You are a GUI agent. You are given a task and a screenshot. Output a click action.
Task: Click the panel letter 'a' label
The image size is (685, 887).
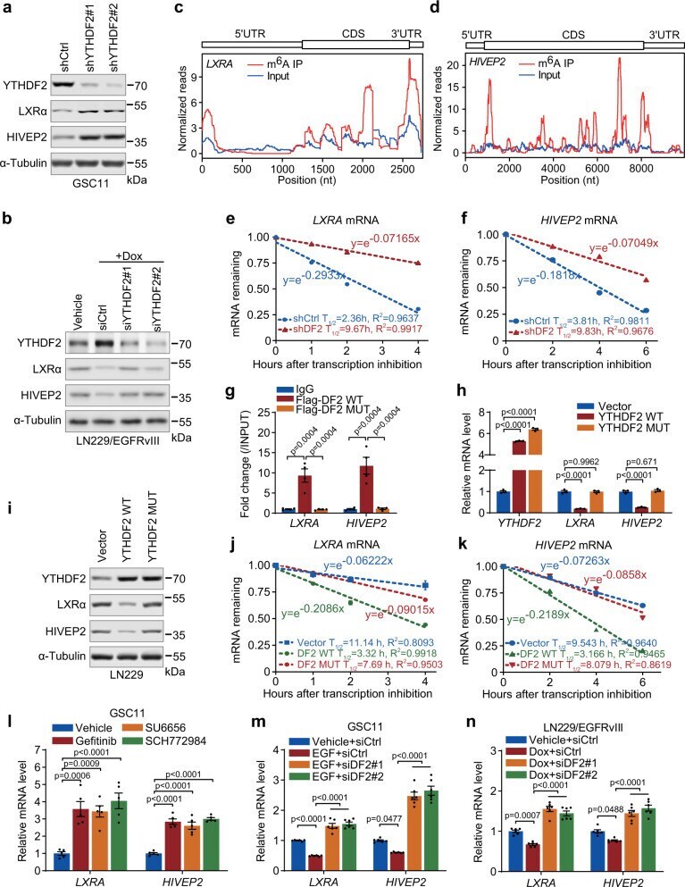pos(7,8)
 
